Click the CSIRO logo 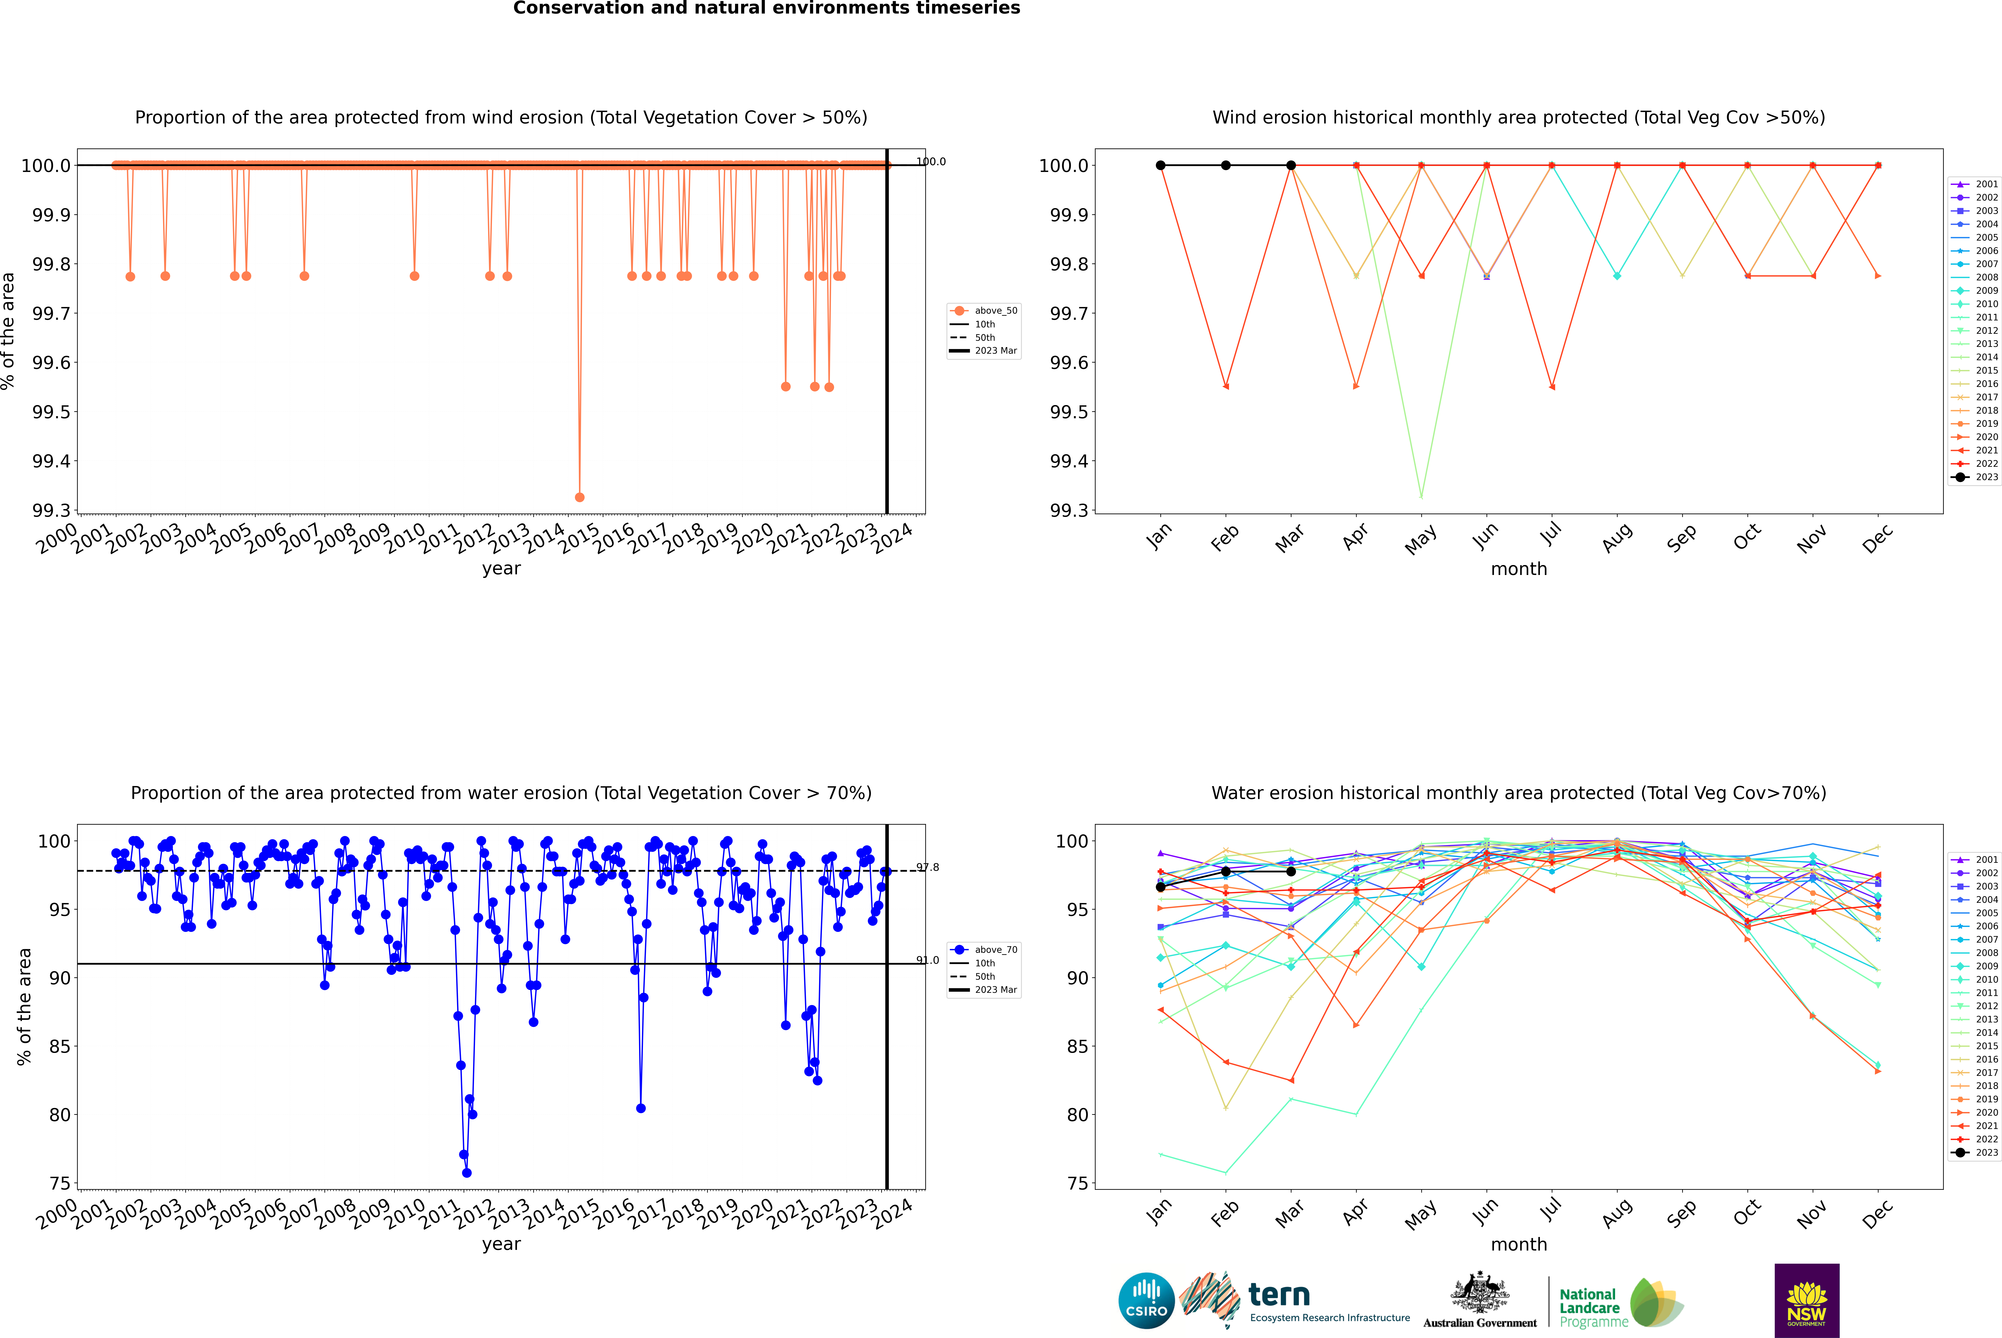coord(1146,1301)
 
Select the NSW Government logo coord(1807,1301)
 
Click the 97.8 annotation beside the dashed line coord(928,867)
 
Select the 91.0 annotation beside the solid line coord(928,960)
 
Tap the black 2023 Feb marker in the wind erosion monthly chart coord(1225,166)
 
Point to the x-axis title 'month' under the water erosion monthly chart coord(1518,1244)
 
